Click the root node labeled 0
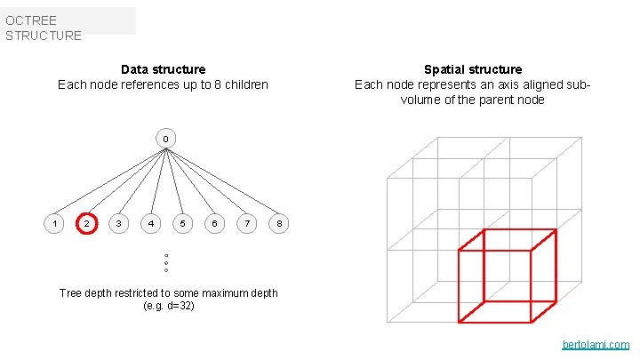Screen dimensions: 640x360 [x=164, y=139]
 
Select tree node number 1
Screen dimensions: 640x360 [x=55, y=223]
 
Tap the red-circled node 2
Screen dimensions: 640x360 [x=86, y=223]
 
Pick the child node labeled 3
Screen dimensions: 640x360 [x=118, y=223]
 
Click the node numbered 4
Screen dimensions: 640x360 [x=151, y=223]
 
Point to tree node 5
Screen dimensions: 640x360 [x=182, y=223]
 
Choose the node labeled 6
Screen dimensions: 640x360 [x=213, y=223]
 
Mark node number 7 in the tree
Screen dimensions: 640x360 [x=246, y=223]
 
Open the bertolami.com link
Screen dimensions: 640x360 [x=596, y=345]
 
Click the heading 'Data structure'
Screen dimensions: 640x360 [x=163, y=69]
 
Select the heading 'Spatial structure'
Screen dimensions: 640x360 [x=473, y=69]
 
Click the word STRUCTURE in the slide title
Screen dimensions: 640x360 [x=43, y=36]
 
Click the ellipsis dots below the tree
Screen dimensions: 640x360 [x=166, y=263]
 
